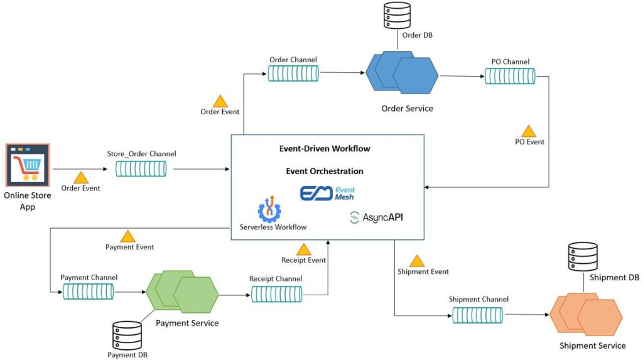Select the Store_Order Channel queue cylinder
[141, 169]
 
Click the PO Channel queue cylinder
[510, 76]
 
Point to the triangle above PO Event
[529, 131]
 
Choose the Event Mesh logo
[327, 193]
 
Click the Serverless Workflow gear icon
[269, 209]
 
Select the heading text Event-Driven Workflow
[325, 149]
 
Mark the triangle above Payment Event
[128, 236]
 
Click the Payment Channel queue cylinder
[88, 292]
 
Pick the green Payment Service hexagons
[182, 293]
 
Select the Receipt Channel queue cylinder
[276, 293]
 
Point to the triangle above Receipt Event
[303, 249]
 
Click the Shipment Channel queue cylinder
[478, 314]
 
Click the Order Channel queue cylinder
[293, 74]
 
